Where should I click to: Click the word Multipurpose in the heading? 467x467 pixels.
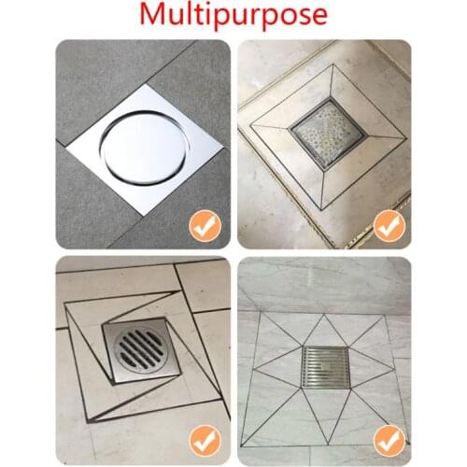tap(233, 16)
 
